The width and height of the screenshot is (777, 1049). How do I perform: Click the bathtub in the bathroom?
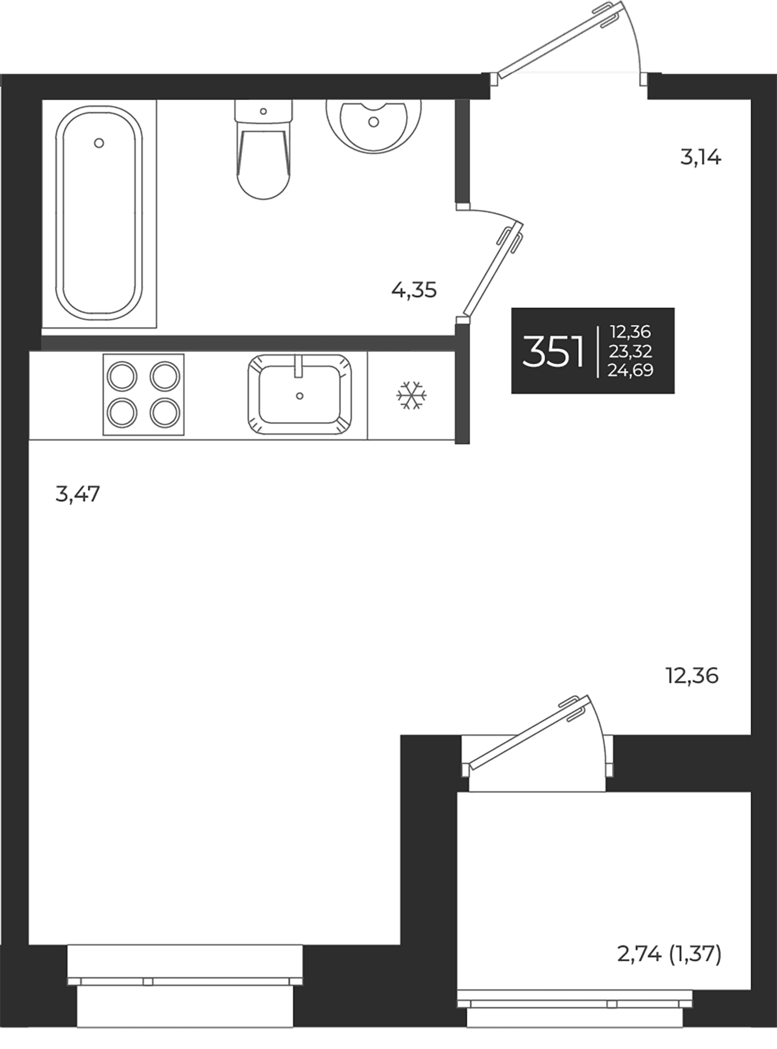tap(99, 213)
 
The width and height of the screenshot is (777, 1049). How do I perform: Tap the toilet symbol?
tap(263, 149)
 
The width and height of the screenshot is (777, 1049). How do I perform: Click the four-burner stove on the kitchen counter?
tap(143, 395)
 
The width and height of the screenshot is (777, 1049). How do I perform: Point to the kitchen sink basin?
tap(300, 394)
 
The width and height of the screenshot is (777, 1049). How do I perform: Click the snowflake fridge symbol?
tap(412, 396)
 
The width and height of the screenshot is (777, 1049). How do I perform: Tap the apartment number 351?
tap(553, 352)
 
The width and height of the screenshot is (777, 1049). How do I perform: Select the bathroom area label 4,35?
tap(414, 290)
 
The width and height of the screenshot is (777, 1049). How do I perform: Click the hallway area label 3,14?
tap(701, 157)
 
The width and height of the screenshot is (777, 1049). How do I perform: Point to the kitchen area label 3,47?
tap(78, 494)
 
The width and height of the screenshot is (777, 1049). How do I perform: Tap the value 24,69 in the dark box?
tap(630, 370)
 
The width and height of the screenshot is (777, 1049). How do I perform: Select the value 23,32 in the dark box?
tap(630, 351)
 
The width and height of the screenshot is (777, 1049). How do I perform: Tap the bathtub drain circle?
tap(99, 143)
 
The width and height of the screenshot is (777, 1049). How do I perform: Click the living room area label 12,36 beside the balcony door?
tap(692, 676)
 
